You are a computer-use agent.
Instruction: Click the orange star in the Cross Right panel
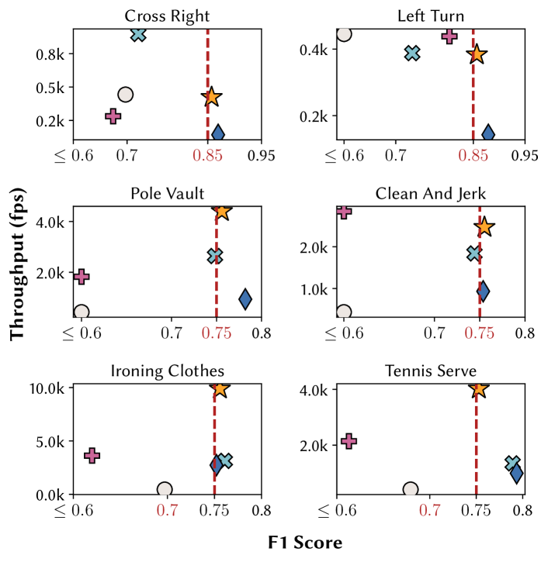point(211,97)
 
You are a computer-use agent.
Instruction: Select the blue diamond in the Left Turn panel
point(488,133)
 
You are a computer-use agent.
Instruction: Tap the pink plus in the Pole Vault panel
point(82,277)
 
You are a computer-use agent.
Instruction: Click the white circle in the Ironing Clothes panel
point(164,489)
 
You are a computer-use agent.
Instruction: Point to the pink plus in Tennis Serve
point(349,440)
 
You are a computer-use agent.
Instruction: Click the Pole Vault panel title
point(167,192)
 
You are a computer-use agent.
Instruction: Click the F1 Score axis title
point(305,543)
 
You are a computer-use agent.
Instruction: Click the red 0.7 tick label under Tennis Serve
point(429,511)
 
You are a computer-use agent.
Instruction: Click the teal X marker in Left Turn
point(412,53)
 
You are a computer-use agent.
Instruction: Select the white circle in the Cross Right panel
point(125,95)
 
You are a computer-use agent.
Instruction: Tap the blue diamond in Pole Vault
point(245,299)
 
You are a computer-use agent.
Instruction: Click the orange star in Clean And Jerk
point(484,227)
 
